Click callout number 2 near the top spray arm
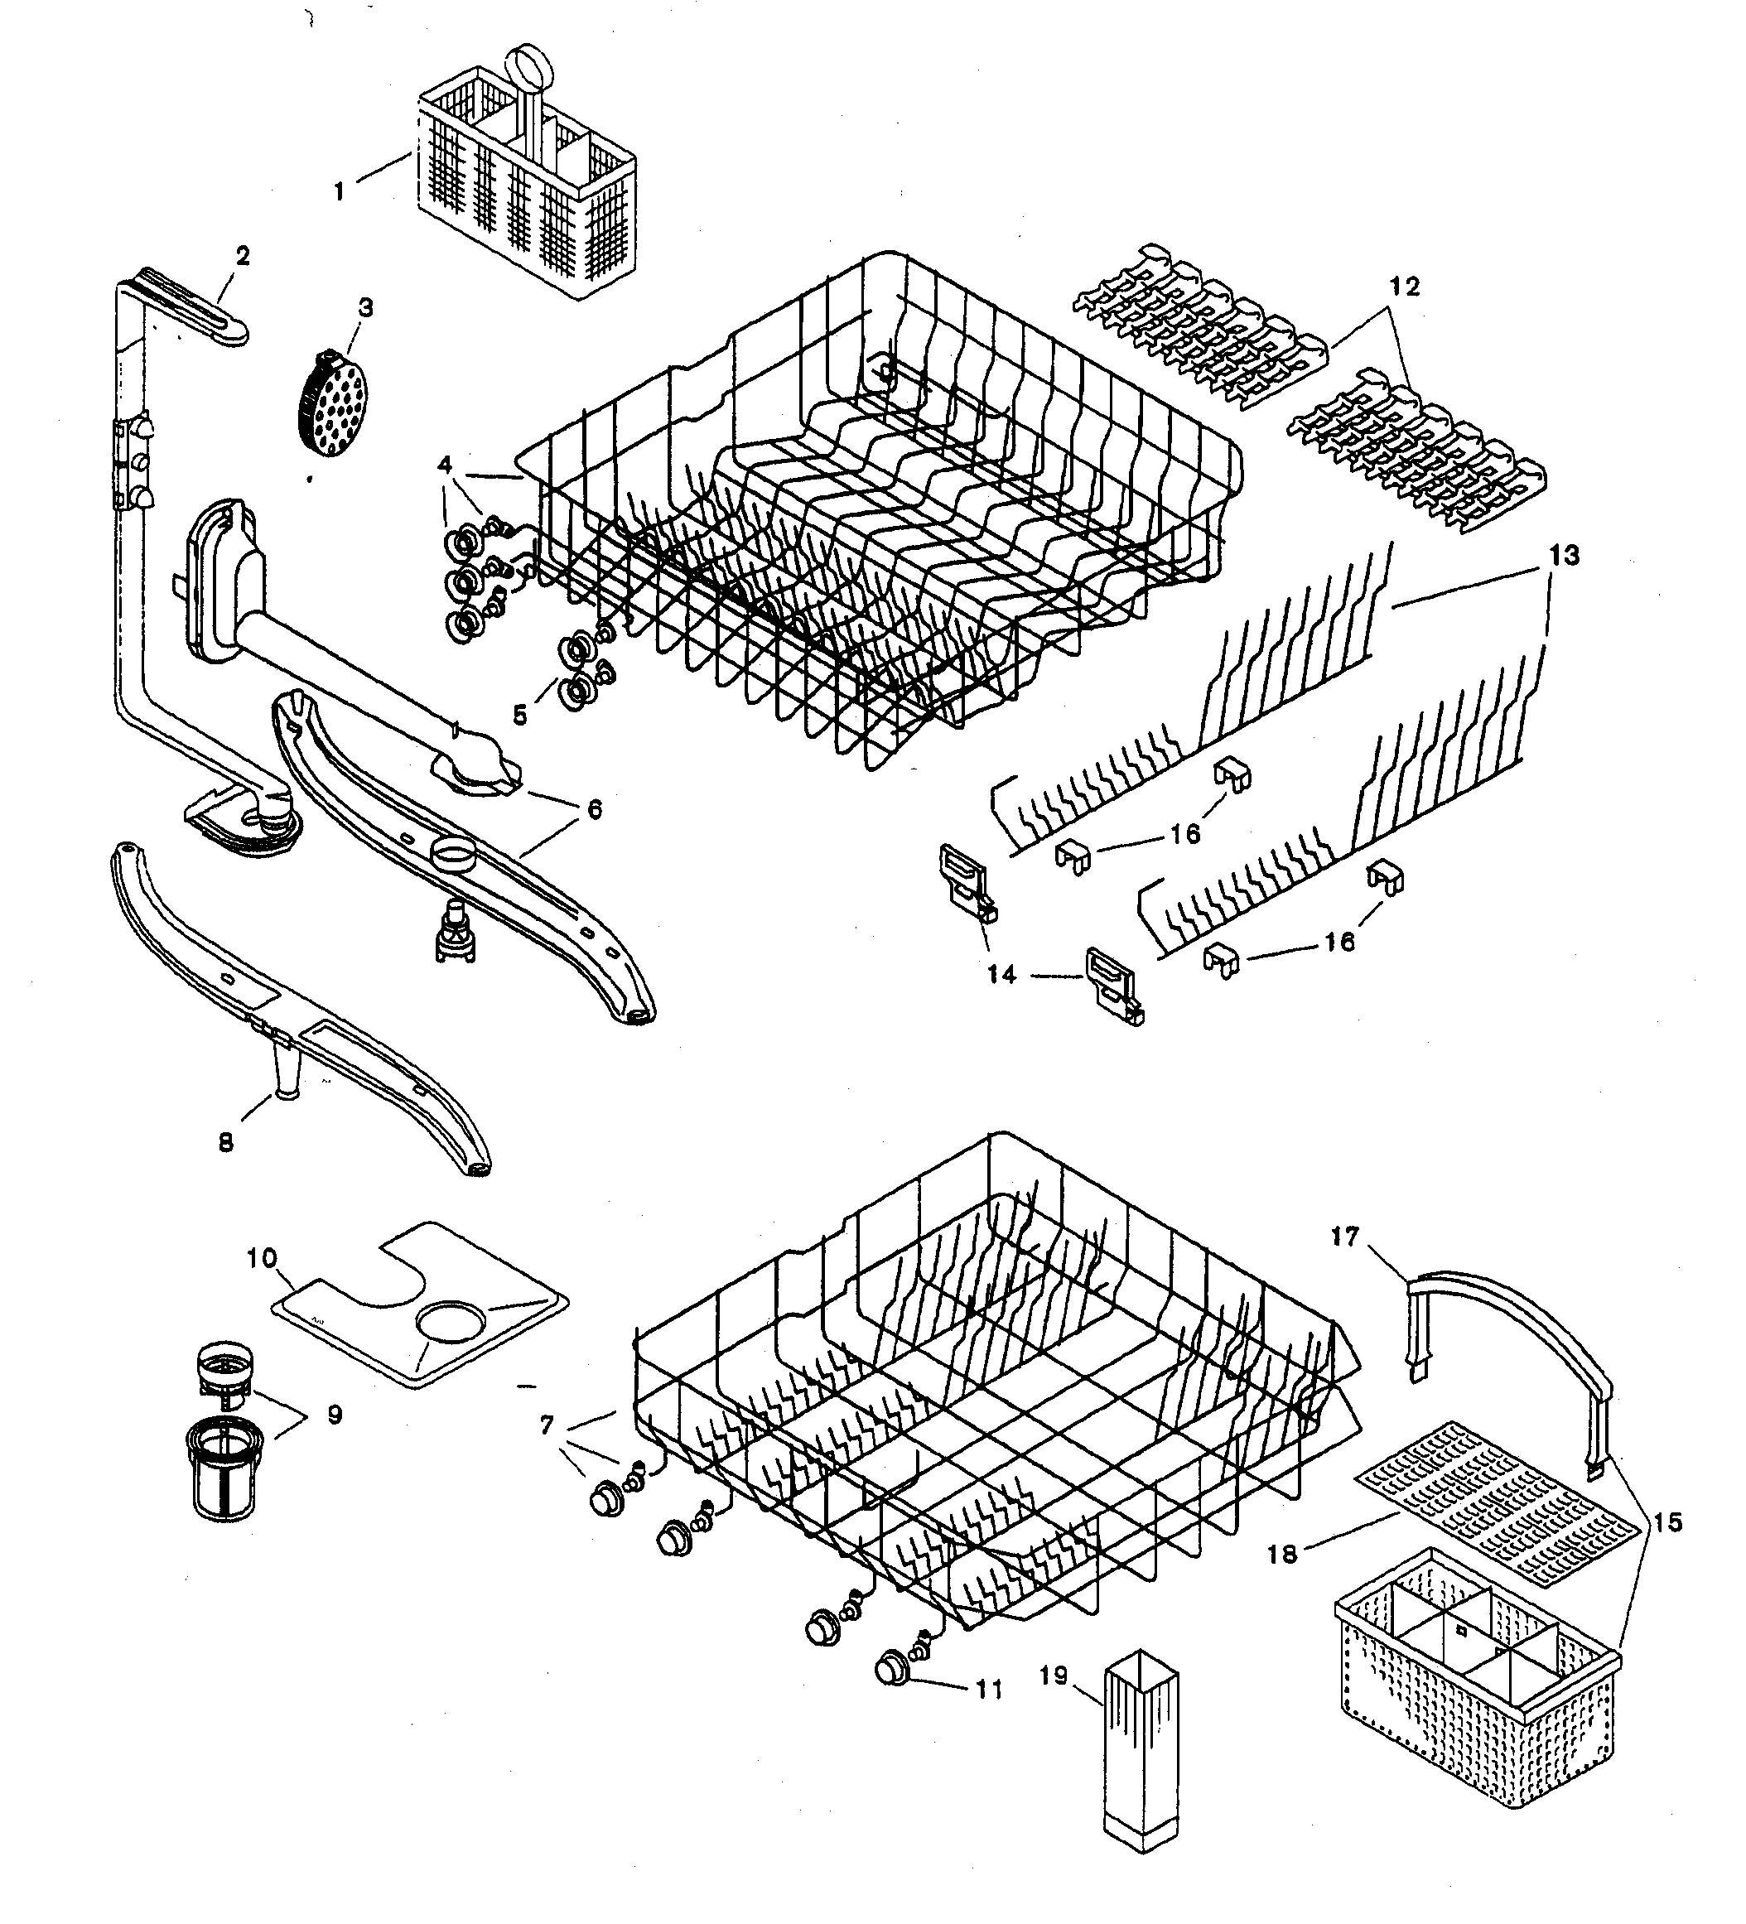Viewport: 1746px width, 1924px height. [243, 256]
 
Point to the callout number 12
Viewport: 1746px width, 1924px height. [1404, 287]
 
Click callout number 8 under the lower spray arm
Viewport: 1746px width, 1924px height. [226, 1142]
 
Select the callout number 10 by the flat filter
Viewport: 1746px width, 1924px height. [262, 1258]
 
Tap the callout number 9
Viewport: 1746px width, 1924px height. [334, 1415]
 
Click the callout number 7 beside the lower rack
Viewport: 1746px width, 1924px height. [546, 1425]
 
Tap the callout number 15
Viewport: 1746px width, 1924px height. [1667, 1522]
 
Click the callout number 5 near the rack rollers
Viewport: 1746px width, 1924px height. [519, 716]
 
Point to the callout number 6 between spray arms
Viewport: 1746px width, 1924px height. [595, 810]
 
